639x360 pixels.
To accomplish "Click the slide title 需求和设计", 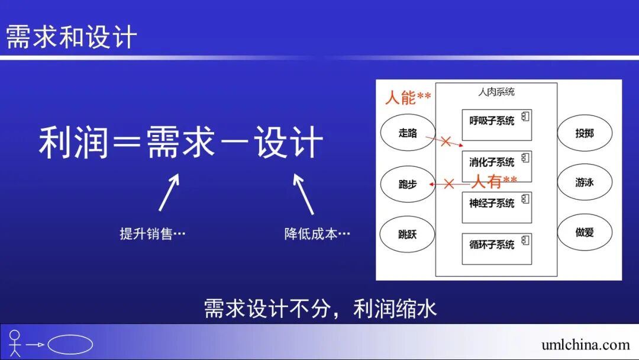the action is point(72,37).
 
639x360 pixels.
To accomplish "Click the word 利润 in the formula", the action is point(73,143).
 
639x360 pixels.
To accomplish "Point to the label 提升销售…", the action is point(153,234).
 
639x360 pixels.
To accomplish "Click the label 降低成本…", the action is point(317,234).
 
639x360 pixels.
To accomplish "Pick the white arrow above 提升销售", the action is point(169,192).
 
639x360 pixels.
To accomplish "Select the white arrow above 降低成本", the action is point(304,193).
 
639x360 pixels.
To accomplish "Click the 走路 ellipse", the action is point(408,133).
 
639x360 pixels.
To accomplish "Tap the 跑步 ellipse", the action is point(408,184).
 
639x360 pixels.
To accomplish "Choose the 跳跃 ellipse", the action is point(408,234).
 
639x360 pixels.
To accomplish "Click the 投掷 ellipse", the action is point(585,133).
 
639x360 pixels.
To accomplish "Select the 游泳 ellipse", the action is point(585,182).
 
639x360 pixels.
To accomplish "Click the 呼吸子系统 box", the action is point(496,124).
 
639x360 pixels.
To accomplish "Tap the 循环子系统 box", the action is point(496,247).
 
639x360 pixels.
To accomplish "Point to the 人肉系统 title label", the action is point(496,92).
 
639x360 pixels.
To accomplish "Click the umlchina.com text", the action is point(585,345).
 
